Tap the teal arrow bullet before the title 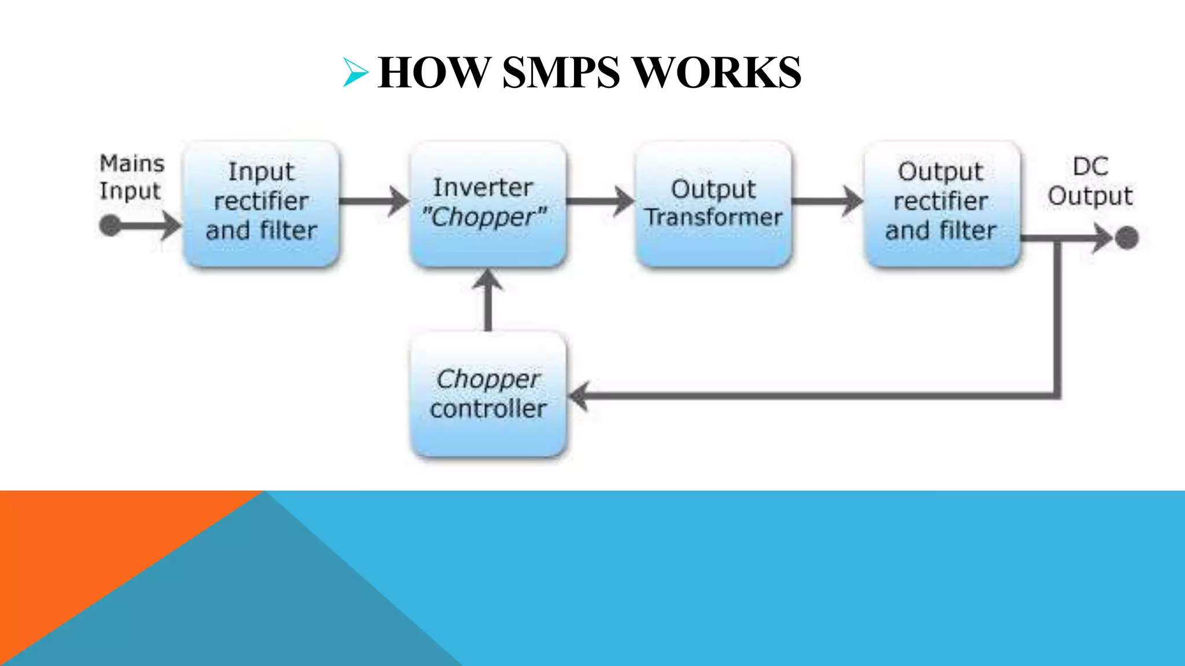tap(355, 73)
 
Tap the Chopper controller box tap(488, 394)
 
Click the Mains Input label tap(131, 177)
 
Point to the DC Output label tap(1090, 182)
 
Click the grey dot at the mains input tap(110, 225)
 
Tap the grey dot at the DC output tap(1127, 238)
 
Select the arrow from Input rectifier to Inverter tap(374, 201)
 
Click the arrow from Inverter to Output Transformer tap(601, 201)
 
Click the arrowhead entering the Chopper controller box tap(579, 396)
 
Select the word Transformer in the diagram tap(713, 218)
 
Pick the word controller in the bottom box tap(488, 409)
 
